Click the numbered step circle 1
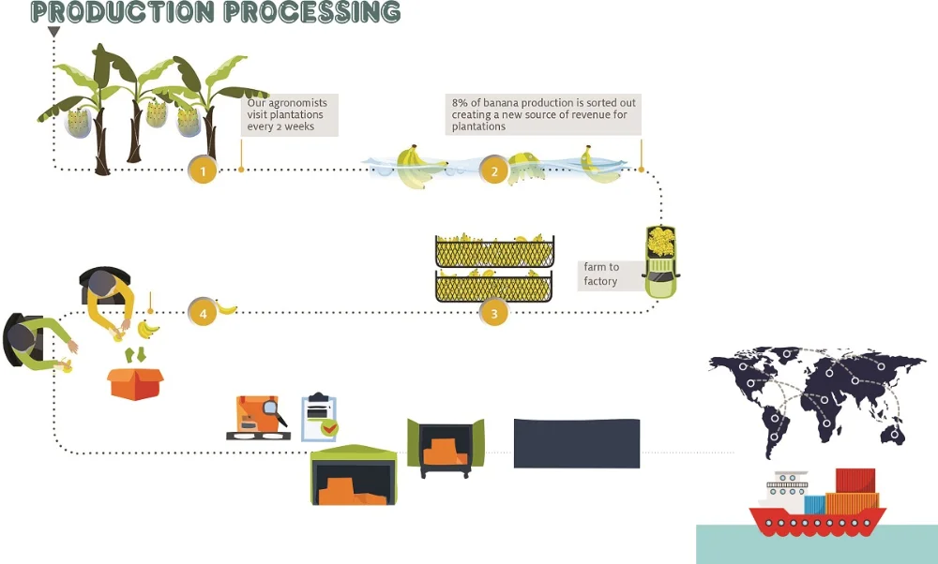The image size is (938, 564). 203,171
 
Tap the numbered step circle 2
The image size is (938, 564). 494,171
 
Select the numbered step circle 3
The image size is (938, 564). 494,313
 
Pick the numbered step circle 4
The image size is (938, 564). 202,313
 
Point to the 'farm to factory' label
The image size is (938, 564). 601,275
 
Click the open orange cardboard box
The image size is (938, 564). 135,382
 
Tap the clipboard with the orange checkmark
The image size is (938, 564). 319,418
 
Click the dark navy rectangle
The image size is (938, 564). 577,443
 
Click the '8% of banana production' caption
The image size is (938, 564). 542,113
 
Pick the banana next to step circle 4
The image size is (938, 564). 227,306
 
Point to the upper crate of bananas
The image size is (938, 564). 494,251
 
